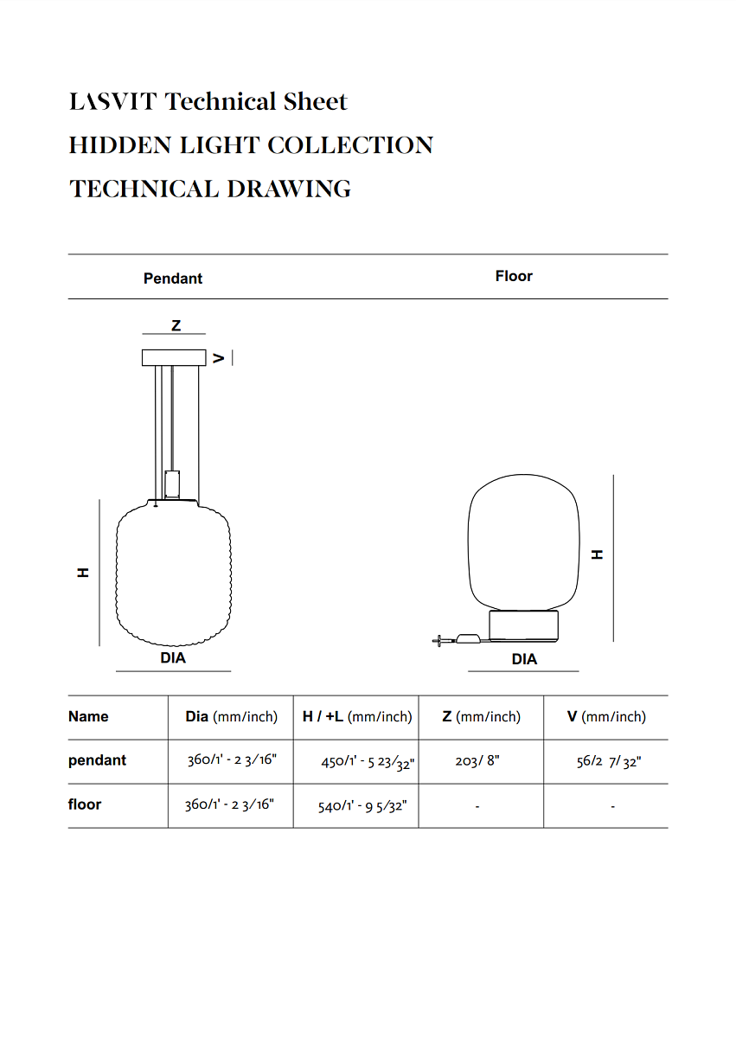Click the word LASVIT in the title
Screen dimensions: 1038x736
click(113, 102)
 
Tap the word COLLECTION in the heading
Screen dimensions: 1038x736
click(350, 145)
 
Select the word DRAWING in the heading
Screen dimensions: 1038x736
click(289, 189)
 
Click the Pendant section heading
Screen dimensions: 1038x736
click(173, 279)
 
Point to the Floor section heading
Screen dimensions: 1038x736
click(514, 276)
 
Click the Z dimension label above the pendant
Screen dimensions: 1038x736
click(176, 325)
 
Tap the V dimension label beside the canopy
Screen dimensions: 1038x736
click(220, 357)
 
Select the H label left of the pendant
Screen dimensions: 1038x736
click(84, 573)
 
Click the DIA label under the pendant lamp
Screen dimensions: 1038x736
click(173, 657)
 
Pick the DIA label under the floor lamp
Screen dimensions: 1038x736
click(524, 659)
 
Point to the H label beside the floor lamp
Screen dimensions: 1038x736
click(597, 554)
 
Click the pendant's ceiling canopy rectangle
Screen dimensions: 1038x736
click(174, 357)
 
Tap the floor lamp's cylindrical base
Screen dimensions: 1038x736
click(523, 625)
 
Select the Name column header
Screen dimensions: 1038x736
click(88, 716)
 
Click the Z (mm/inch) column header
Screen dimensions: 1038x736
click(481, 716)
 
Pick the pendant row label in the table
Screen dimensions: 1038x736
click(97, 760)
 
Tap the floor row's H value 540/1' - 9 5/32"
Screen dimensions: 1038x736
click(362, 806)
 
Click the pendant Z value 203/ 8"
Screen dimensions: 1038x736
click(477, 761)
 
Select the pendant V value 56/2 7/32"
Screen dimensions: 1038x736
click(609, 761)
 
